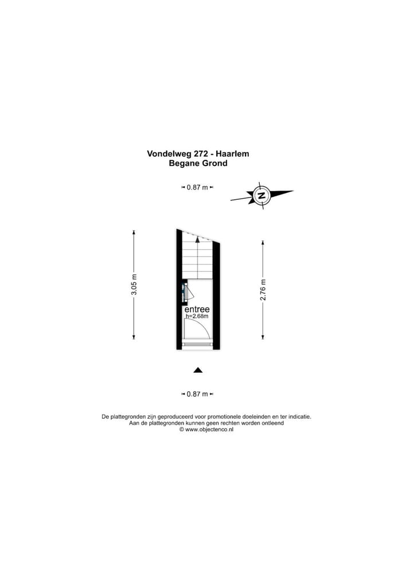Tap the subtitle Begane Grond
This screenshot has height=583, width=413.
(x=198, y=163)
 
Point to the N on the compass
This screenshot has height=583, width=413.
(x=262, y=195)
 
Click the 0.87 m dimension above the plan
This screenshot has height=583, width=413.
(x=197, y=187)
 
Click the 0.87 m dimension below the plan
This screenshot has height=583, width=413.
(x=197, y=394)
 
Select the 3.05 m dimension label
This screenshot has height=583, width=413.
(x=134, y=285)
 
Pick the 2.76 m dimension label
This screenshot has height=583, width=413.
(x=263, y=290)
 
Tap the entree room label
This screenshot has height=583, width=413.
(x=197, y=309)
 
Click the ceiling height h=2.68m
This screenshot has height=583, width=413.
(x=197, y=316)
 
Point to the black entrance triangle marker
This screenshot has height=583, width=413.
(x=198, y=370)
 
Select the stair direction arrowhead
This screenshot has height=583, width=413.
(x=197, y=239)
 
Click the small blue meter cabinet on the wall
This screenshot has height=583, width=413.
(x=184, y=292)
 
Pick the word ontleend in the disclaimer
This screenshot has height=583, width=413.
(x=272, y=423)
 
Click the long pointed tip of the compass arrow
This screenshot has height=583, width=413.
(x=293, y=191)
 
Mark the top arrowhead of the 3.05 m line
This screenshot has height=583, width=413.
(x=134, y=233)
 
